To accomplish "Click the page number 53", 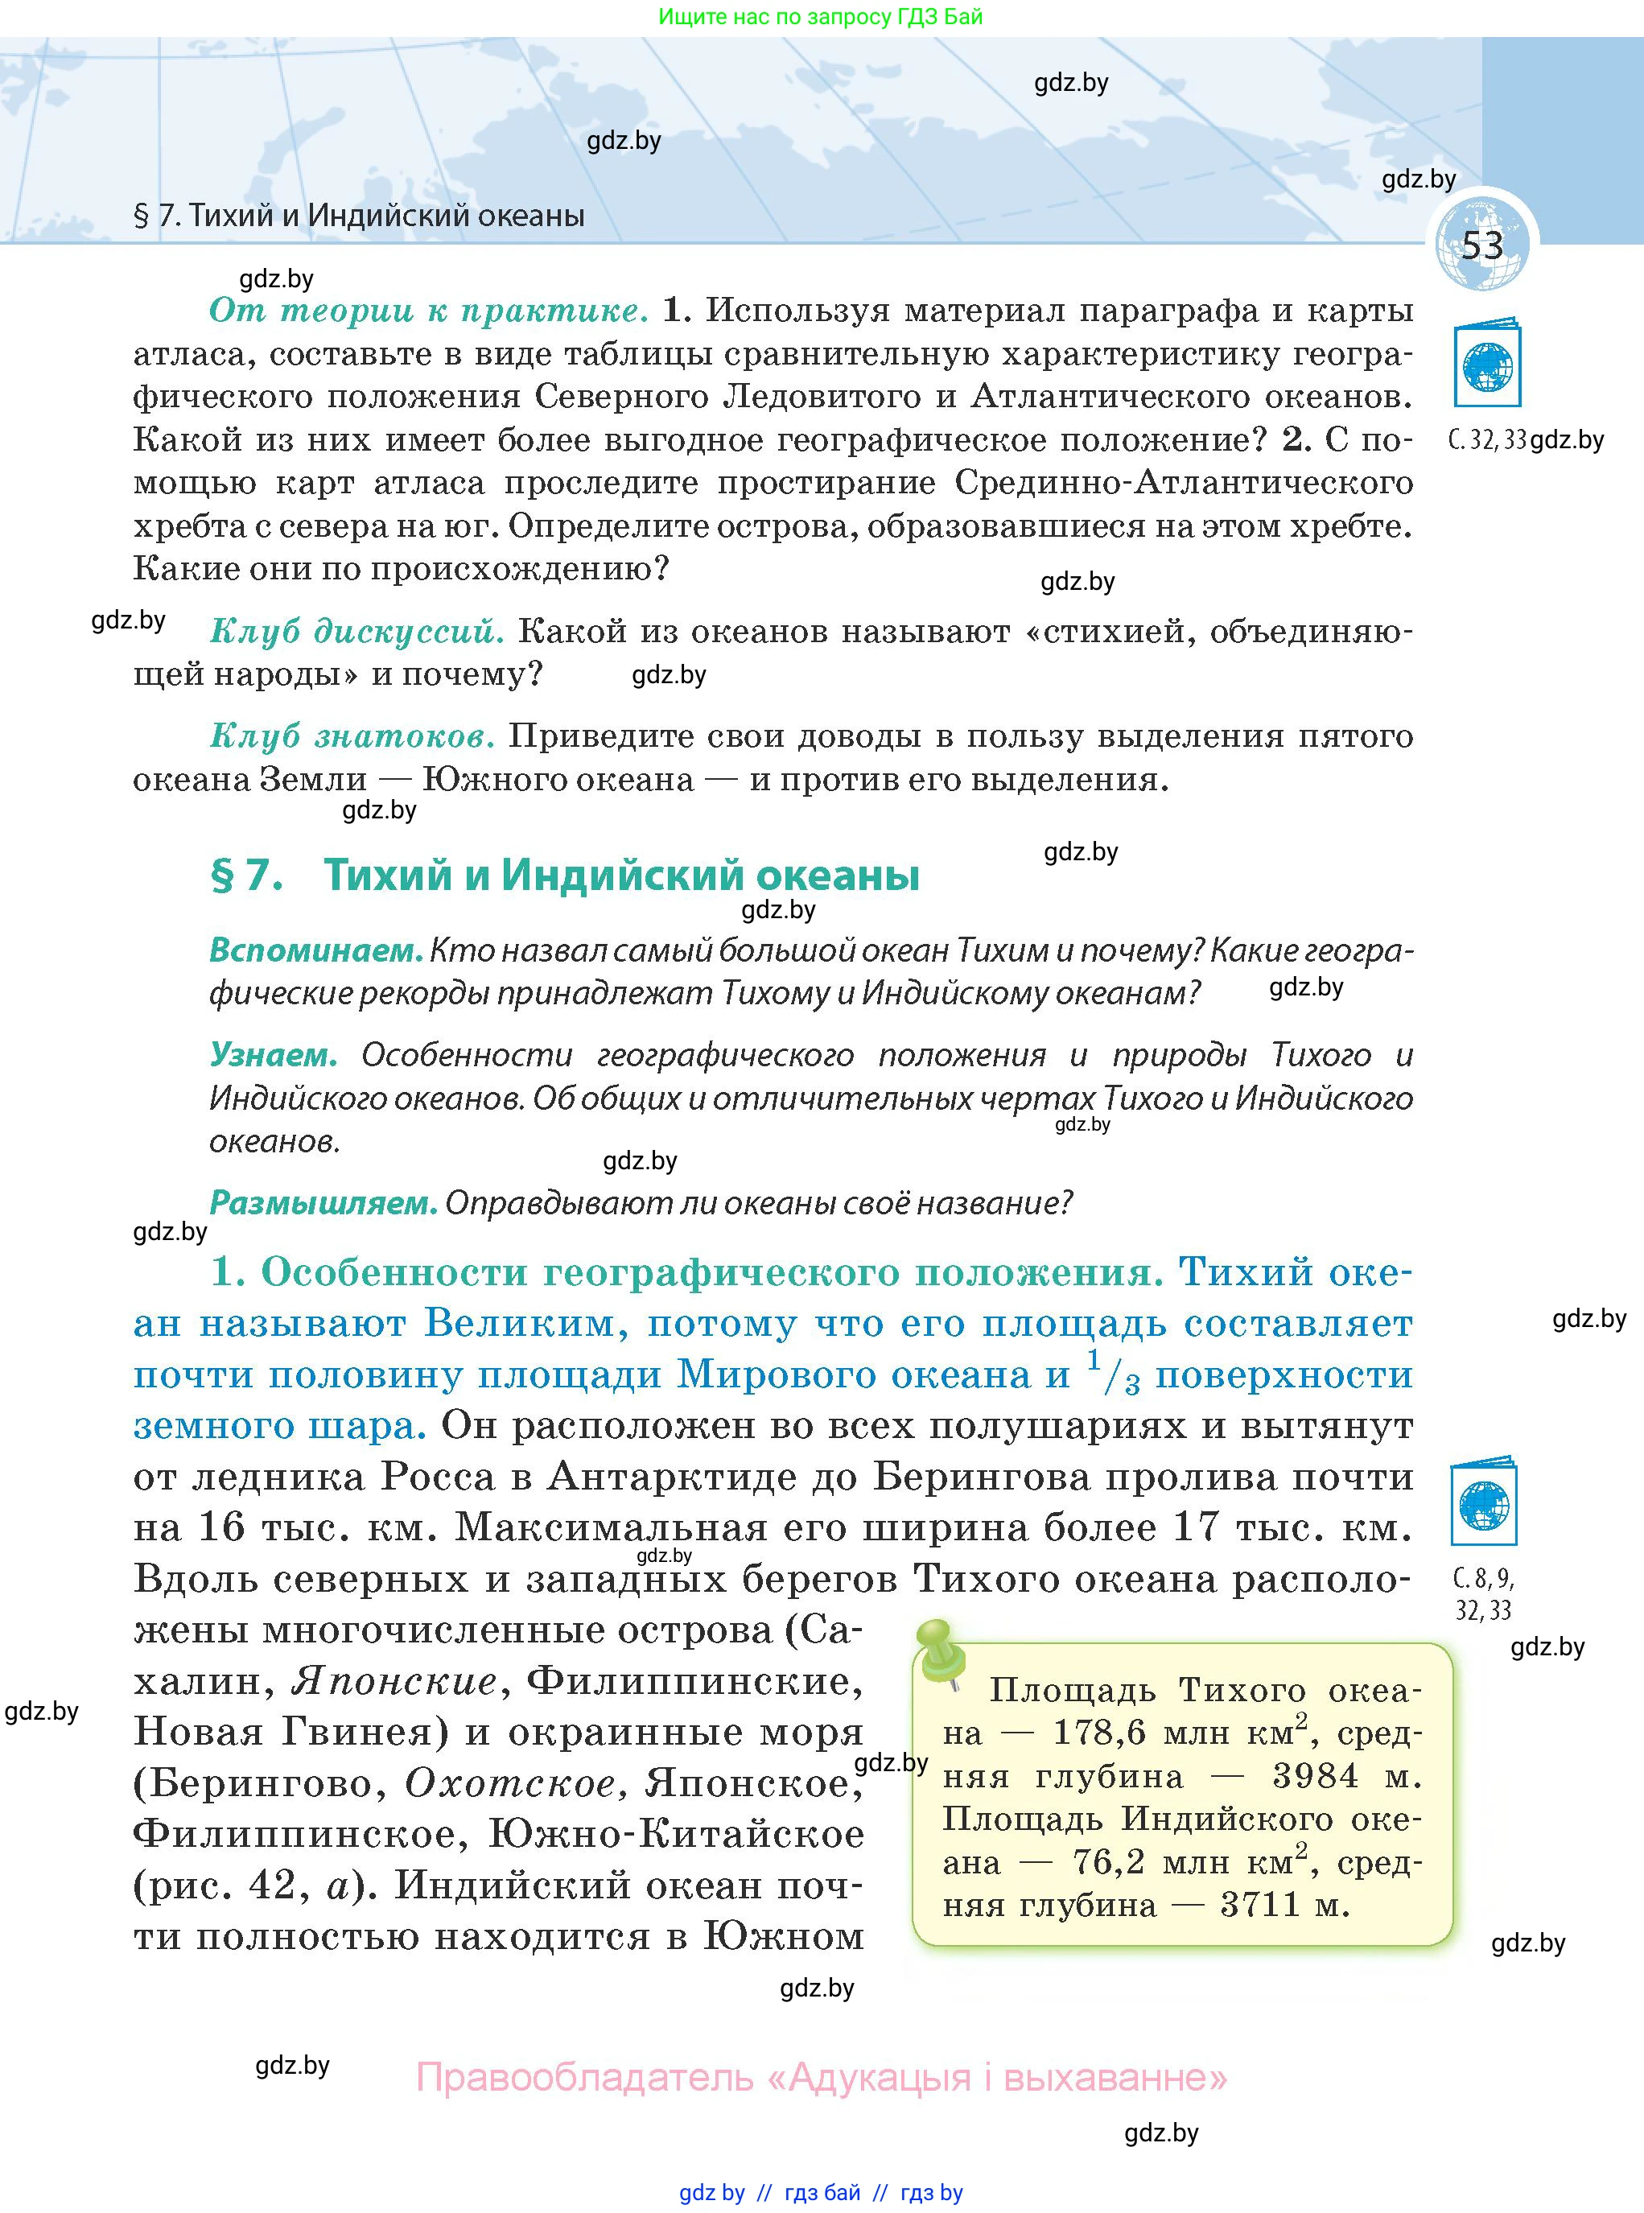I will (1481, 245).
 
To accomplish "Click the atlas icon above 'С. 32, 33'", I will (1488, 366).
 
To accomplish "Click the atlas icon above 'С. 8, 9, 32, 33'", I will (1484, 1505).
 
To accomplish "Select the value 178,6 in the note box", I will (1101, 1734).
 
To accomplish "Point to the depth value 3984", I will (1315, 1777).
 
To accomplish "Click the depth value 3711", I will (1261, 1906).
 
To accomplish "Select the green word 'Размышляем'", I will (323, 1203).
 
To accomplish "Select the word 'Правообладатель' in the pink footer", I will (584, 2078).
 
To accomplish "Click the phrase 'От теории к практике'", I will (428, 311).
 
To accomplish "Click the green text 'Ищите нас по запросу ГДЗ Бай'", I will (820, 17).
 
